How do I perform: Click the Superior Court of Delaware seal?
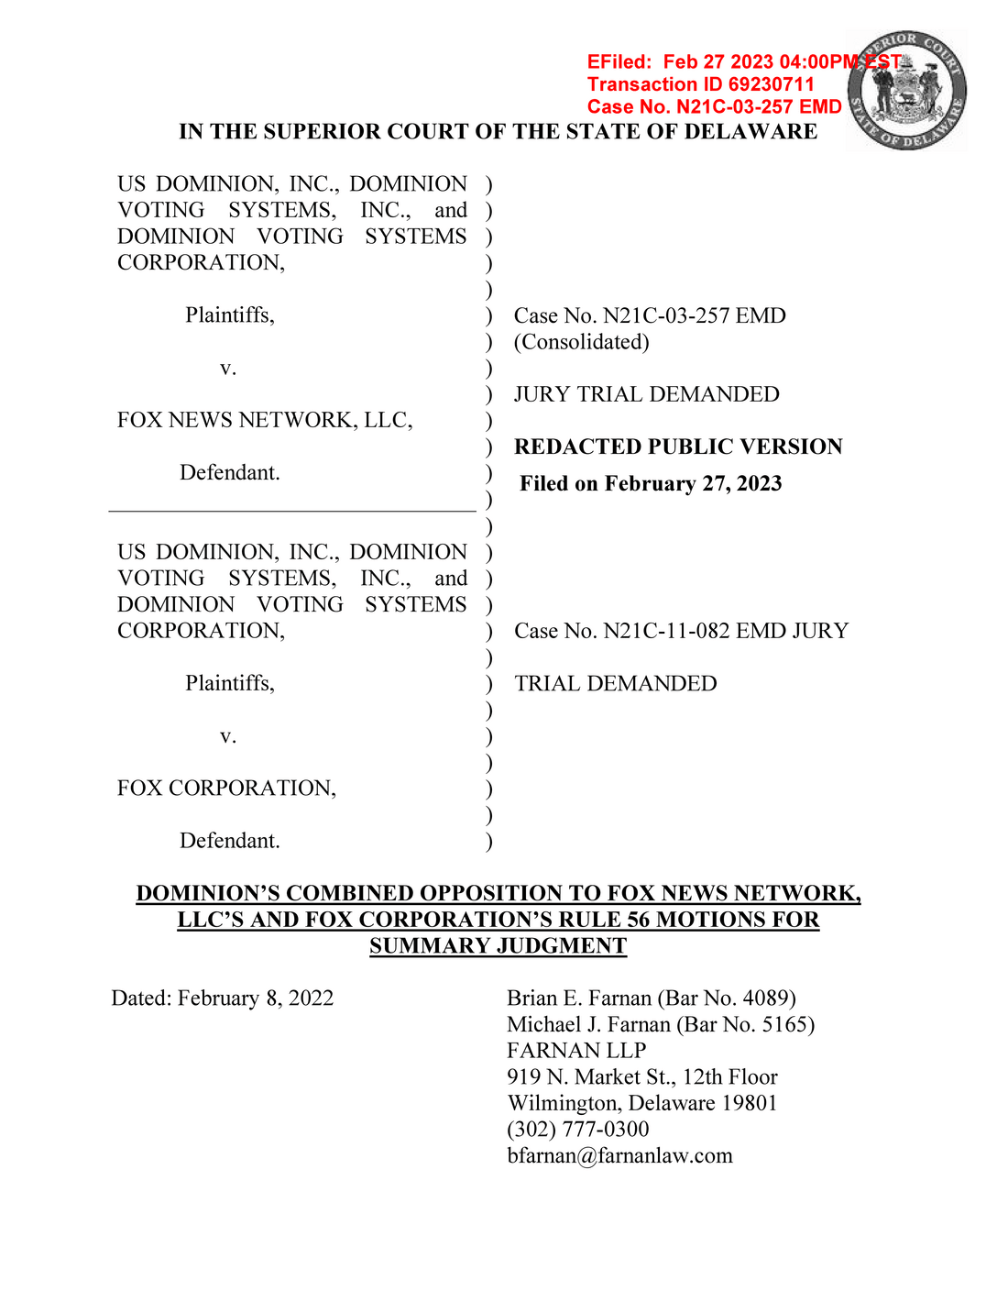[x=906, y=91]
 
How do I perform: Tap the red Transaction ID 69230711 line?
[x=700, y=84]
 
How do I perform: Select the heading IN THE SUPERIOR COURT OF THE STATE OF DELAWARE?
[x=498, y=131]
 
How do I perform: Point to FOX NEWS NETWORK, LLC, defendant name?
[x=265, y=420]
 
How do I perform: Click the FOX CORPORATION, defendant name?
[x=226, y=788]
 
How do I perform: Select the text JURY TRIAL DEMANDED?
[x=646, y=394]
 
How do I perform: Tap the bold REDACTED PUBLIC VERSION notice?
[x=678, y=447]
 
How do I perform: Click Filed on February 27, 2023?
[x=651, y=483]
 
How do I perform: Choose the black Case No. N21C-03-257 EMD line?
[x=650, y=315]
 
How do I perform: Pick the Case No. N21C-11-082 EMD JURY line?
[x=681, y=631]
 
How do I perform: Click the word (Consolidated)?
[x=581, y=342]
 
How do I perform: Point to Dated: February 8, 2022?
[x=223, y=998]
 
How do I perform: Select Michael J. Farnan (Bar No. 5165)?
[x=661, y=1024]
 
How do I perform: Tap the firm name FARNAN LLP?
[x=576, y=1050]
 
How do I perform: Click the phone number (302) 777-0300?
[x=577, y=1129]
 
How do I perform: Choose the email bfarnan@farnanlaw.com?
[x=619, y=1155]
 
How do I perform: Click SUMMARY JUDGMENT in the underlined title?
[x=498, y=945]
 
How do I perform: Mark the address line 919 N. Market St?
[x=641, y=1076]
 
